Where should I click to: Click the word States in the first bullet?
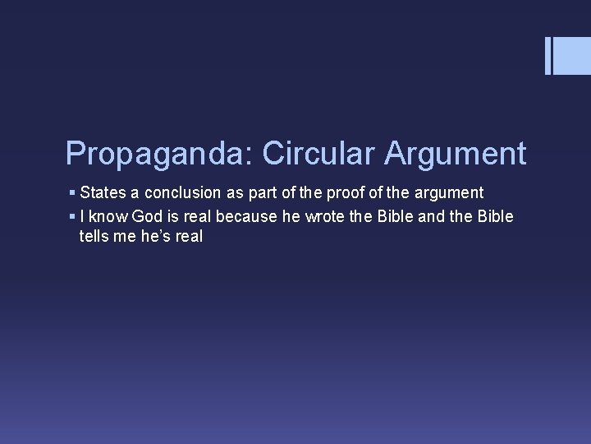[x=103, y=193]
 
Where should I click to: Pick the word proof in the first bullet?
[x=334, y=193]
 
